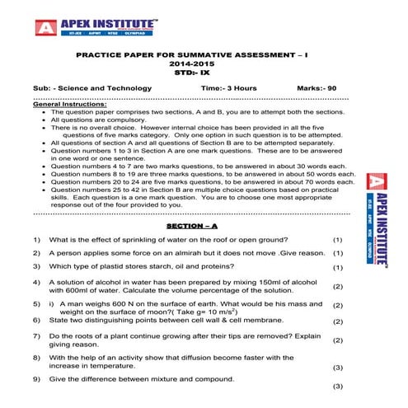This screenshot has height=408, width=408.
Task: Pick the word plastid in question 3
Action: pos(110,267)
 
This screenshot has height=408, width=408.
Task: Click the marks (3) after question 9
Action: pos(336,387)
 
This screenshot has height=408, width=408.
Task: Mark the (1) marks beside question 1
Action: pos(336,240)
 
